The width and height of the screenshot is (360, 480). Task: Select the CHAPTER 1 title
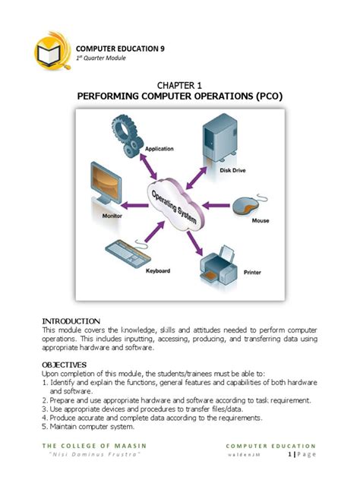click(179, 87)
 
